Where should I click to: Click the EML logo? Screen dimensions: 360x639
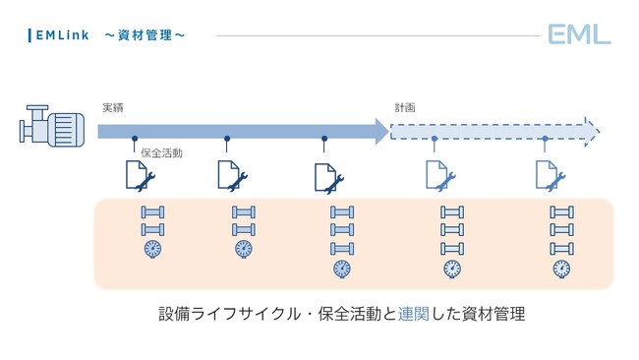579,35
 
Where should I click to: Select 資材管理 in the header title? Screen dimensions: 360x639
145,35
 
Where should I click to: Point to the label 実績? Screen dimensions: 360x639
113,107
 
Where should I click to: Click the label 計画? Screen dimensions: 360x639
405,107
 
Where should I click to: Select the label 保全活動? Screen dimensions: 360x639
162,153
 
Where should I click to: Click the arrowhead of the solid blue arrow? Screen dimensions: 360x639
380,130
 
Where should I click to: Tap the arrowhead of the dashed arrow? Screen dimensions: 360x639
591,130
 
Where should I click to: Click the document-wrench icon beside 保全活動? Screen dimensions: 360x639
138,175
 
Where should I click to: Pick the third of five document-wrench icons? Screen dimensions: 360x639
327,177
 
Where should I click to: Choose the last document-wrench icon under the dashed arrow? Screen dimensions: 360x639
550,175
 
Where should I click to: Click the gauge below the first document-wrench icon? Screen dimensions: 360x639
152,248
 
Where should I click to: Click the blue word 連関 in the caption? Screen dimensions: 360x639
413,315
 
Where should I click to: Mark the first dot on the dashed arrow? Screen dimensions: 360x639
435,139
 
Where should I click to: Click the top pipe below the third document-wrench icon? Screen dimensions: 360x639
341,211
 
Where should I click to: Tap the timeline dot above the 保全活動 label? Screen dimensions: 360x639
135,139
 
